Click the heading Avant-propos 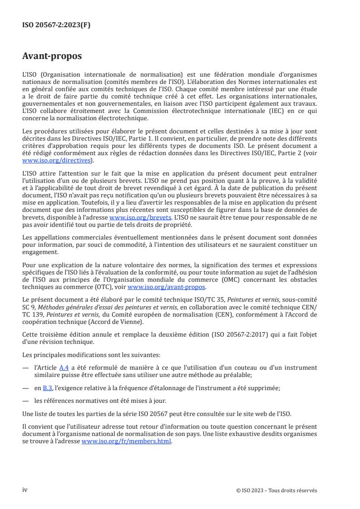(x=52, y=56)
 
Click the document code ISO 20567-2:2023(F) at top (x=56, y=25)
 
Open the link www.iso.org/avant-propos (x=167, y=287)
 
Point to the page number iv (x=25, y=490)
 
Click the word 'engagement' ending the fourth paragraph (x=40, y=252)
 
